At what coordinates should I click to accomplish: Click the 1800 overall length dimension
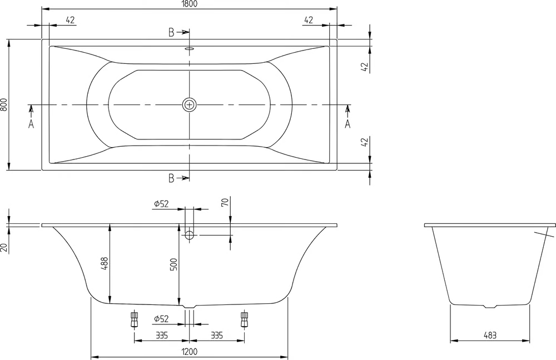pyautogui.click(x=190, y=4)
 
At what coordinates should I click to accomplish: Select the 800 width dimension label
pyautogui.click(x=4, y=104)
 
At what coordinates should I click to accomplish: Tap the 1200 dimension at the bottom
pyautogui.click(x=190, y=352)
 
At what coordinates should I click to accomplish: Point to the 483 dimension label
pyautogui.click(x=490, y=335)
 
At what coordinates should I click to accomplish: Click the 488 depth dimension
pyautogui.click(x=104, y=264)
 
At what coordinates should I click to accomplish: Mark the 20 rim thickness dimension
pyautogui.click(x=4, y=247)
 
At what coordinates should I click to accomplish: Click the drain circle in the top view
pyautogui.click(x=190, y=105)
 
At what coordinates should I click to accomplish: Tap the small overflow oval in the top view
pyautogui.click(x=190, y=49)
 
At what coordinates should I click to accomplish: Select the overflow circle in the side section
pyautogui.click(x=190, y=234)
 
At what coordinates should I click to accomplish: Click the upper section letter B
pyautogui.click(x=171, y=33)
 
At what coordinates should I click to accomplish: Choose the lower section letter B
pyautogui.click(x=171, y=178)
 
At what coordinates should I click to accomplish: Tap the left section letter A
pyautogui.click(x=31, y=124)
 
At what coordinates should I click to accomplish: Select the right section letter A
pyautogui.click(x=348, y=124)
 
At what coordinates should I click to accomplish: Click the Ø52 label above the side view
pyautogui.click(x=161, y=204)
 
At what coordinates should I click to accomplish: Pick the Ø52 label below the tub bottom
pyautogui.click(x=161, y=319)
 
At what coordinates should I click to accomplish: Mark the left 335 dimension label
pyautogui.click(x=162, y=335)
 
